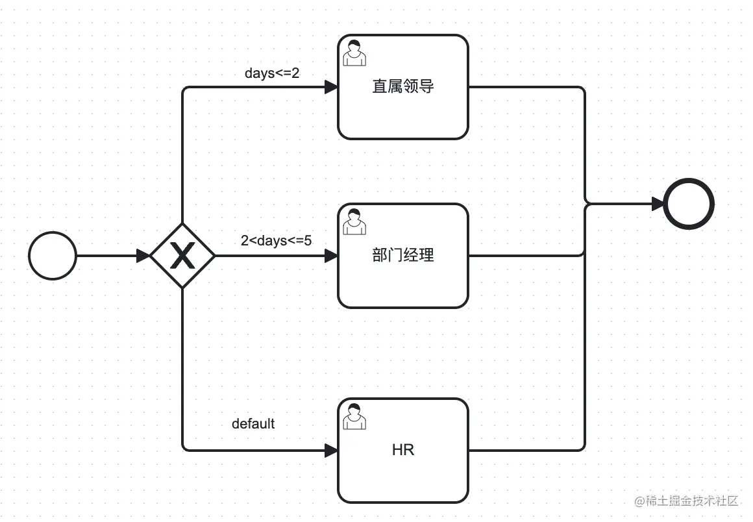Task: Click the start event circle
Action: coord(53,256)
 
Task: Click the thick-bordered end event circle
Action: coord(689,204)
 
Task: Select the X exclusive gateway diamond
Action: coord(182,256)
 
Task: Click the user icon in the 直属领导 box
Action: coord(354,53)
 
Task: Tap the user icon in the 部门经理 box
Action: coord(354,221)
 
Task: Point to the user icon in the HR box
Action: coord(354,416)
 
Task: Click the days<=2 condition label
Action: coord(272,73)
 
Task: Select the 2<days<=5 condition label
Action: coord(276,241)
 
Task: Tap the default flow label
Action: coord(253,424)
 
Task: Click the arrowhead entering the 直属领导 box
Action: coord(331,87)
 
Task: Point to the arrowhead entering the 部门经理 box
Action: coord(331,256)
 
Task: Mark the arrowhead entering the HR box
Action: coord(331,450)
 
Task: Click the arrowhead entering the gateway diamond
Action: coord(143,256)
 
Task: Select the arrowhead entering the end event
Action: coord(658,204)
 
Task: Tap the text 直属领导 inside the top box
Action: coord(403,86)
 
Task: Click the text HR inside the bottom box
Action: coord(403,450)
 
